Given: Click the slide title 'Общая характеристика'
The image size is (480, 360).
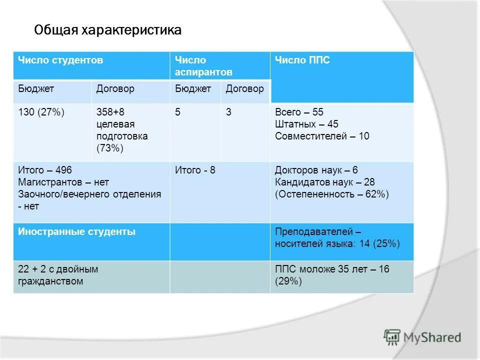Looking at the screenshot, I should click(x=107, y=30).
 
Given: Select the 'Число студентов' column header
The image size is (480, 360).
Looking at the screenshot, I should click(x=60, y=60).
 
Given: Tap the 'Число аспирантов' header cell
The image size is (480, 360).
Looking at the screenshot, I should click(x=197, y=66).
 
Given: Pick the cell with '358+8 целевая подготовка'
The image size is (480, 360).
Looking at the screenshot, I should click(x=122, y=130).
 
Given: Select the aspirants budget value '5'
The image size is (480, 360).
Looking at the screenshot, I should click(x=177, y=112).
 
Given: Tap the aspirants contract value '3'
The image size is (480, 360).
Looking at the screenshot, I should click(x=228, y=112).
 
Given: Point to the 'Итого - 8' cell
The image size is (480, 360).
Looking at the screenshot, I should click(x=195, y=170).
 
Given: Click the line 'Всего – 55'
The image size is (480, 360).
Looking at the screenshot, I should click(x=299, y=112).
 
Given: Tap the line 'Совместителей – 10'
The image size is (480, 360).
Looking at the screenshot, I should click(x=322, y=136).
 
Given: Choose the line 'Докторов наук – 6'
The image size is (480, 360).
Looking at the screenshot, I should click(x=316, y=170).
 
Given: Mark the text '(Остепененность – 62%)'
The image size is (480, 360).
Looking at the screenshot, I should click(x=331, y=194).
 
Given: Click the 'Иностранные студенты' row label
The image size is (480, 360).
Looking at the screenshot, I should click(x=76, y=232).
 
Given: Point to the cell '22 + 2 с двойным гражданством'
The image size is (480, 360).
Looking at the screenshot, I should click(x=58, y=275).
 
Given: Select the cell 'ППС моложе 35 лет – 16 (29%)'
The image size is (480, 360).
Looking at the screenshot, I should click(x=332, y=275).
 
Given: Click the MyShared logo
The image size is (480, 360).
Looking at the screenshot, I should click(x=422, y=337).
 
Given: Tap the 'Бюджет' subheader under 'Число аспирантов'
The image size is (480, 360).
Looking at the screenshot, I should click(x=193, y=89).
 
